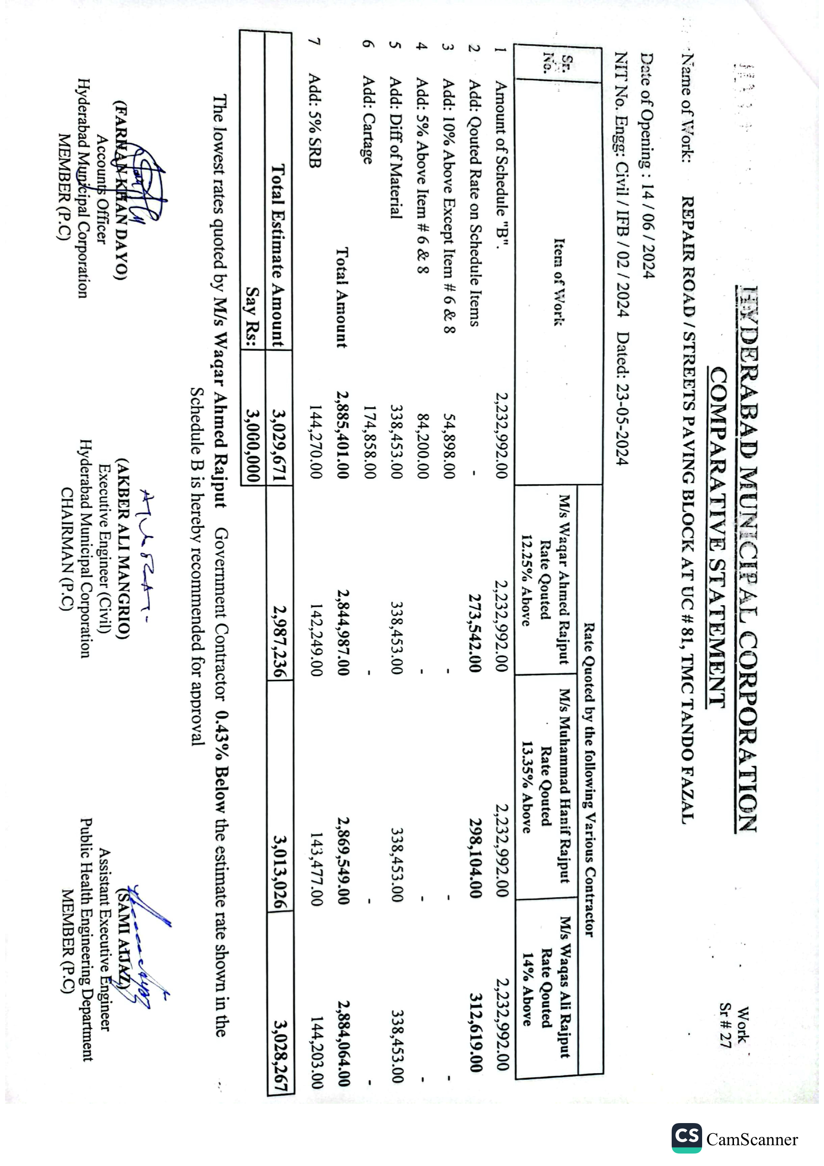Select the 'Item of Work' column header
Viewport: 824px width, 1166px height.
pyautogui.click(x=559, y=282)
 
